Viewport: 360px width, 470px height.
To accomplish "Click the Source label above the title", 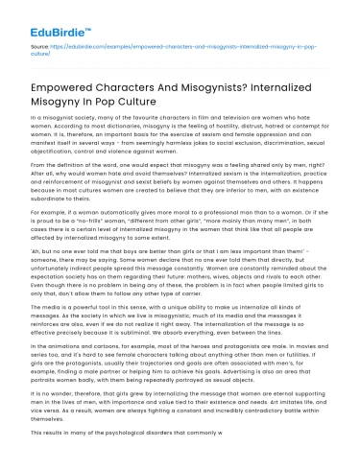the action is [x=39, y=46].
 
